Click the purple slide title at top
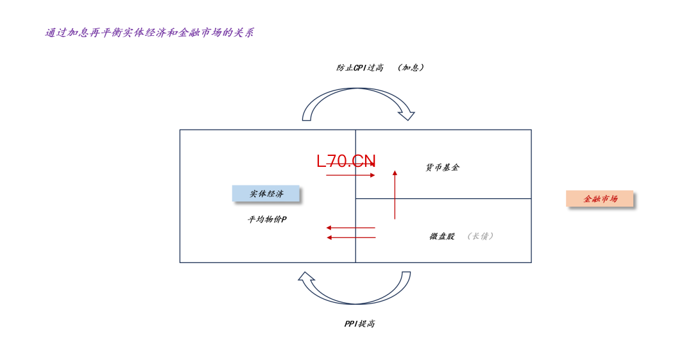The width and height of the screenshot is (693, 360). (150, 33)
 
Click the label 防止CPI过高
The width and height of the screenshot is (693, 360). (360, 67)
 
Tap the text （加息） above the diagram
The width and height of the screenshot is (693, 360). (411, 67)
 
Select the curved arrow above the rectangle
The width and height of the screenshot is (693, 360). (358, 105)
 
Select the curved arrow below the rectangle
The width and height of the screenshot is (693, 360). (354, 288)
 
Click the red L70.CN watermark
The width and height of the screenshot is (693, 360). (346, 161)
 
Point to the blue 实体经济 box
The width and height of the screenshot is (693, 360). (266, 194)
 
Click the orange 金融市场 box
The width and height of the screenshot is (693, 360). (600, 198)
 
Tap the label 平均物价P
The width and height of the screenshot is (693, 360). (267, 219)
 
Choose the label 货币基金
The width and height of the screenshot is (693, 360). (442, 167)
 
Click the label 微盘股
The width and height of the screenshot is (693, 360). (442, 236)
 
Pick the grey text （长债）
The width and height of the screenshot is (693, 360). (480, 236)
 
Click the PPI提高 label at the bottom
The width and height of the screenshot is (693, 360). (360, 323)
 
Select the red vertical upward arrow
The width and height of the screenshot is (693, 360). (395, 194)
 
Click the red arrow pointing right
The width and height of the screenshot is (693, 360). (350, 175)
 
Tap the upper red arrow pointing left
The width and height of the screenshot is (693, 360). (350, 228)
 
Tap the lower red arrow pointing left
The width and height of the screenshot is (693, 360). (350, 237)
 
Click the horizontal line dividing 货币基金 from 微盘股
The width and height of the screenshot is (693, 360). (443, 198)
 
